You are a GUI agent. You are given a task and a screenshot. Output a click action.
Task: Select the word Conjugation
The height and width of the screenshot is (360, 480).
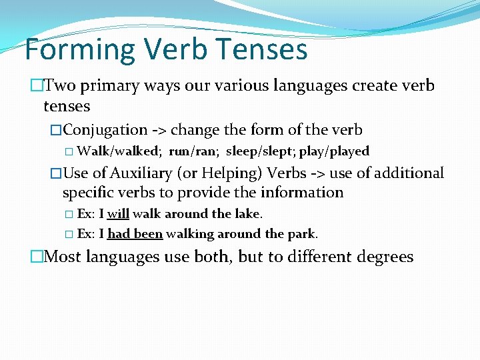[105, 129]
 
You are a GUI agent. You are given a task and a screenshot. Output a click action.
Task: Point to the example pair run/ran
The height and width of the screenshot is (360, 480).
[193, 151]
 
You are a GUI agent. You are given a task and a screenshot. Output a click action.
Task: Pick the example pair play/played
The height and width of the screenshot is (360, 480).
[334, 151]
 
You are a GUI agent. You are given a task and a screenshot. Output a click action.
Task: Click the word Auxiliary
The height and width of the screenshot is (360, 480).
[141, 173]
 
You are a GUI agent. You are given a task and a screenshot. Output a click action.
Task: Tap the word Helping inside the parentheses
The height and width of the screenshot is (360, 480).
[232, 173]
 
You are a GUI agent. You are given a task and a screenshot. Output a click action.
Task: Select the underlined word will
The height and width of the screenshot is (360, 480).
[118, 214]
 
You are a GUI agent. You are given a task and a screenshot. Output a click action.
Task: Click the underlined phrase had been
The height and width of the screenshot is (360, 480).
[135, 234]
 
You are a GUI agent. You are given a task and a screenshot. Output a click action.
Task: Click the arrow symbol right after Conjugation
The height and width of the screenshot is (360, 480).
[159, 130]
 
